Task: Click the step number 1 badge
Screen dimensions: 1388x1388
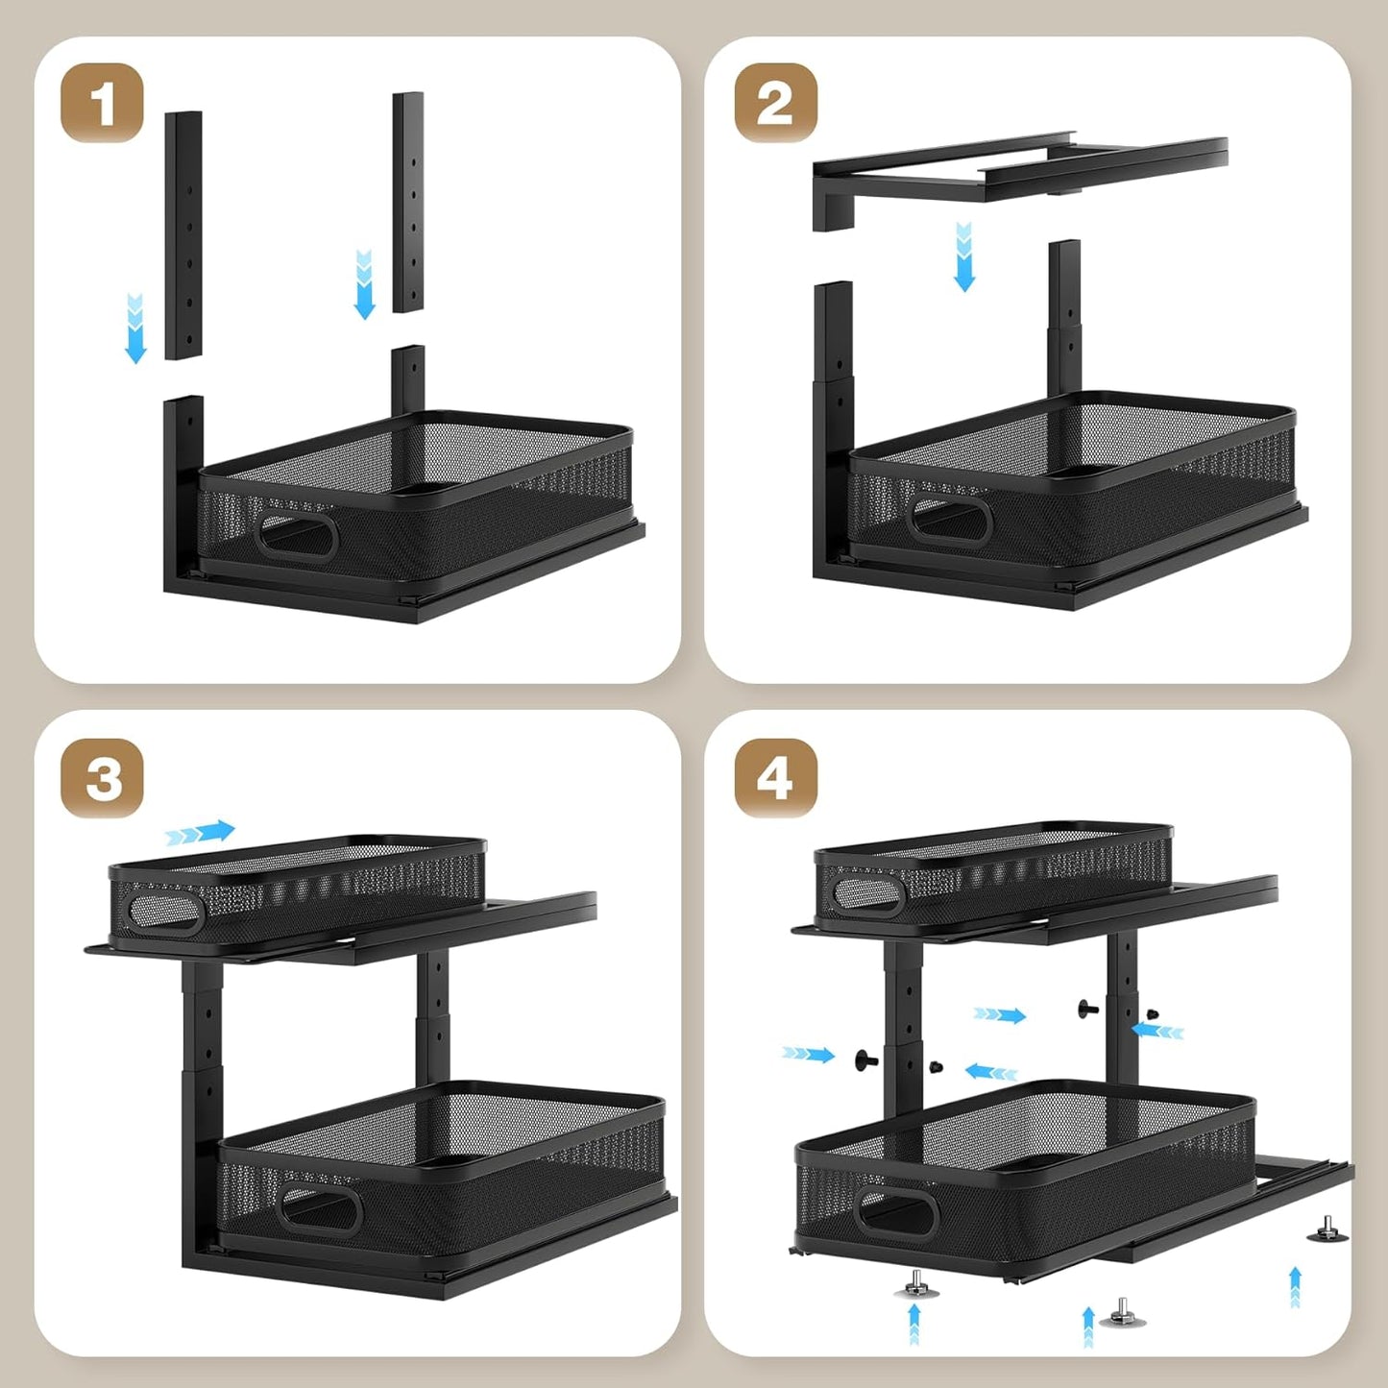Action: pos(102,103)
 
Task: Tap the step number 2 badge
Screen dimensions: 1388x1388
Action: pos(775,103)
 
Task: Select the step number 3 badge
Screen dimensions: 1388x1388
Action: pos(102,778)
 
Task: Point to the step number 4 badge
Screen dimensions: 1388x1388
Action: pos(775,778)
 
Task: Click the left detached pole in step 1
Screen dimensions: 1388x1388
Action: pos(183,234)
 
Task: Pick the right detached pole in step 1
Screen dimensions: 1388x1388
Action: pos(408,202)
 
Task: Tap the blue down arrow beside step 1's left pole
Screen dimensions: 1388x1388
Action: pos(135,329)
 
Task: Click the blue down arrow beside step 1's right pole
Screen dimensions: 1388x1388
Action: pos(364,284)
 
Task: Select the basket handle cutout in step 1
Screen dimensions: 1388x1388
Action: pos(296,534)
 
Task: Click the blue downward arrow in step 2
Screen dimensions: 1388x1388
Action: pos(964,256)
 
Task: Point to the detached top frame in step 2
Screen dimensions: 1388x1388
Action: pos(1018,173)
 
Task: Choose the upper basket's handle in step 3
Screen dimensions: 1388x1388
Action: pos(165,912)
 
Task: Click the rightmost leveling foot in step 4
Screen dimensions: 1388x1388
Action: pos(1327,1230)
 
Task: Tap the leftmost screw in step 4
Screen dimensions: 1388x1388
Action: pos(865,1060)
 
